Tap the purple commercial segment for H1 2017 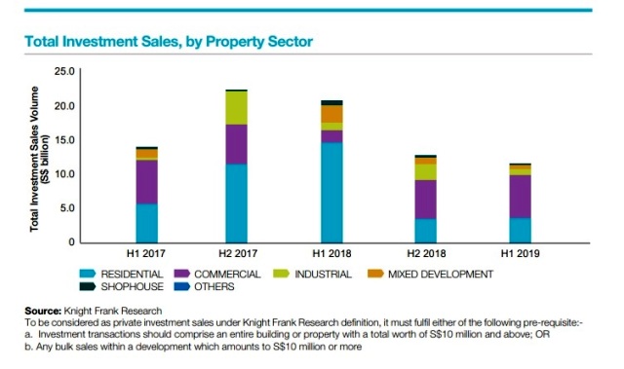tap(146, 181)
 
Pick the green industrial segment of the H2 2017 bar tap(236, 107)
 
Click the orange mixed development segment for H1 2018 tap(331, 113)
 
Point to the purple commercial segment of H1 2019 tap(521, 196)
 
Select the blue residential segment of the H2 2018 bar tap(425, 230)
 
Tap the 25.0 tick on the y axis tap(64, 71)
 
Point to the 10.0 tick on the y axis tap(64, 173)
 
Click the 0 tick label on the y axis tap(71, 241)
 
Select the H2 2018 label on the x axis tap(425, 254)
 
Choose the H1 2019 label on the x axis tap(521, 254)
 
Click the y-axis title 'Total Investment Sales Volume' tap(36, 156)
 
